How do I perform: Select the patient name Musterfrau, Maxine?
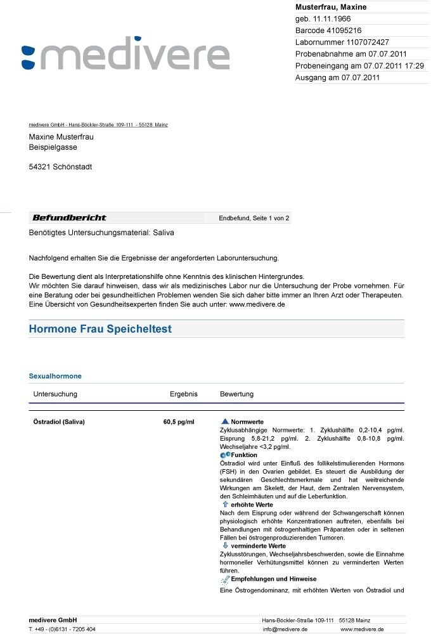pos(331,7)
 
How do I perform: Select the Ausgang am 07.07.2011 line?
pos(337,78)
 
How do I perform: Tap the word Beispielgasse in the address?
pos(53,147)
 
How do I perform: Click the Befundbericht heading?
pos(69,218)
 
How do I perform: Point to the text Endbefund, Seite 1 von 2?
pos(254,219)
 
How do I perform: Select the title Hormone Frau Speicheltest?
pos(100,330)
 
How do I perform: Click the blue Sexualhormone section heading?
pos(55,376)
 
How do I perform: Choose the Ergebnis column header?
pos(184,394)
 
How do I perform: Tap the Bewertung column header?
pos(236,394)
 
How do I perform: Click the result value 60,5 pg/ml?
pos(179,422)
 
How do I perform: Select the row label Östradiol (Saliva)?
pos(58,422)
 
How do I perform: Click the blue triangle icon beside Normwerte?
pos(224,422)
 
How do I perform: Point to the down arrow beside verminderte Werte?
pos(225,545)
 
